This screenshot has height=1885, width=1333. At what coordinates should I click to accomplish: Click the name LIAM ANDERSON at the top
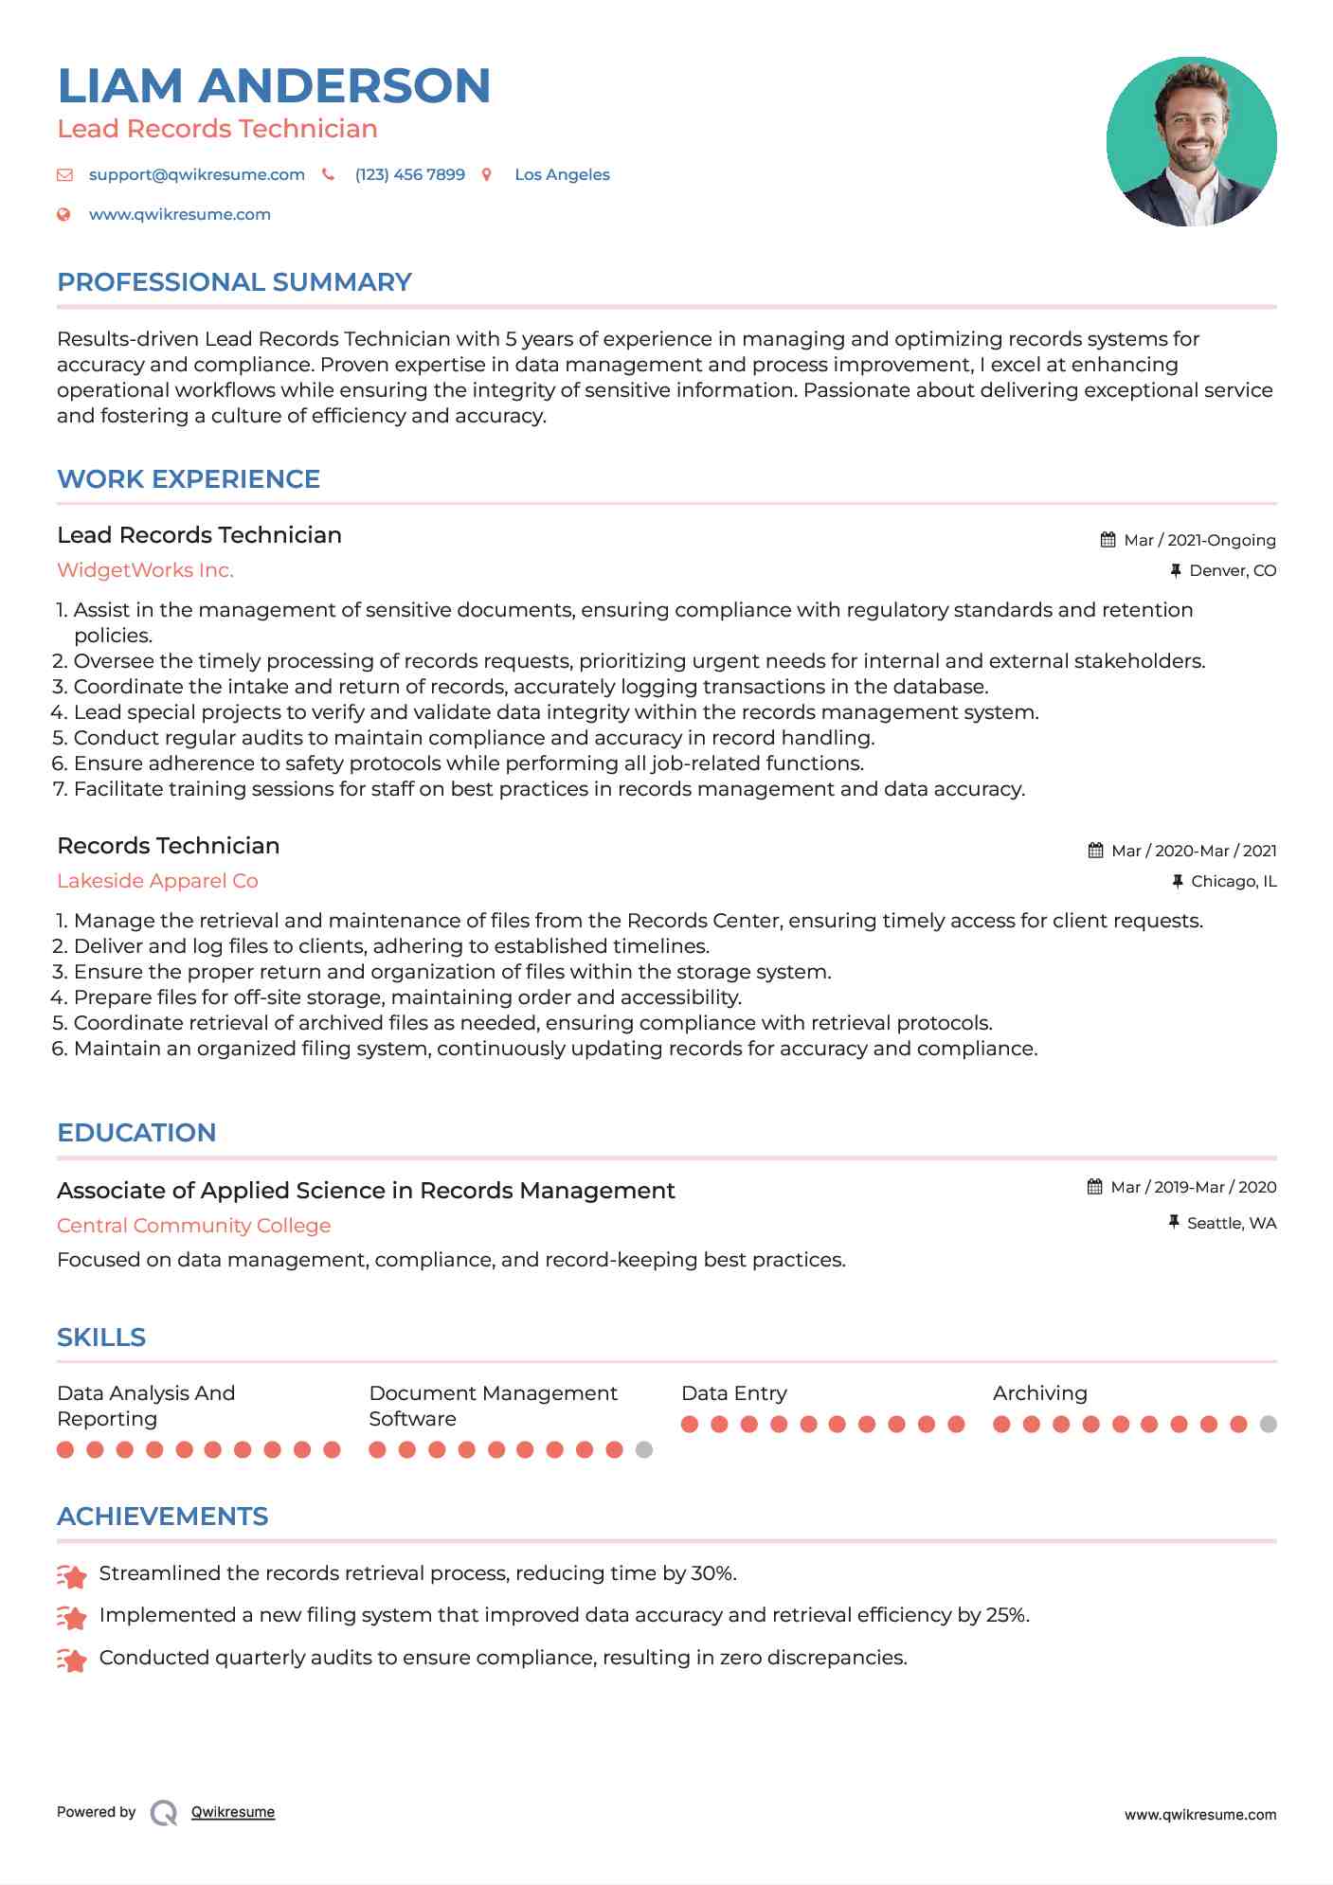274,85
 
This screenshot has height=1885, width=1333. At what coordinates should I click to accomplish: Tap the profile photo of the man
1191,141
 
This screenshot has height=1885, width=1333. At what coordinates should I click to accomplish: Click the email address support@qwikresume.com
196,174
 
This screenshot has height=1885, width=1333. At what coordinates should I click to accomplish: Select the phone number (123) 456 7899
409,174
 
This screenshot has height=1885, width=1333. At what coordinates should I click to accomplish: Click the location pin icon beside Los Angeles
487,174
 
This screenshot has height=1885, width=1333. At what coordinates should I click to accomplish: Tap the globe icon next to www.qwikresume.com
63,214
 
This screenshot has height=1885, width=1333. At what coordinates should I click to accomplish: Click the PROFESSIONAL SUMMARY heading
234,282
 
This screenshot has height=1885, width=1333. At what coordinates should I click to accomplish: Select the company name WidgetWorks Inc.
145,570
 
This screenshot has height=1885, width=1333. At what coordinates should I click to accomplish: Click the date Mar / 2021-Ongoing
1198,540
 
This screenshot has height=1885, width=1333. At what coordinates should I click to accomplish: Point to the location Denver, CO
1232,570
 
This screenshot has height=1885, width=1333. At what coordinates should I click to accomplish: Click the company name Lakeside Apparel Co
157,881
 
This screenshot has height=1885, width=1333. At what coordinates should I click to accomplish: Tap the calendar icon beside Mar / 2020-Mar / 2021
1095,851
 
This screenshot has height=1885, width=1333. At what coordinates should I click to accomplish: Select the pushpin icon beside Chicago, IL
1177,881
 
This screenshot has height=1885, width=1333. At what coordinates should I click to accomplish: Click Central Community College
193,1226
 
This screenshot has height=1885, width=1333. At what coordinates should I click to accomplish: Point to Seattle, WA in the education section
1231,1223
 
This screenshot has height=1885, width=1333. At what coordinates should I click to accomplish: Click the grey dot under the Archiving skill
1269,1424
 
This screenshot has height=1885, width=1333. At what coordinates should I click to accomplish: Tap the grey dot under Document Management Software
644,1449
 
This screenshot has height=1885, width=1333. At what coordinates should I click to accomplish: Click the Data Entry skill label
733,1393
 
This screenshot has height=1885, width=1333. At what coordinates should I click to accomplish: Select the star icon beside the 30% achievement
72,1575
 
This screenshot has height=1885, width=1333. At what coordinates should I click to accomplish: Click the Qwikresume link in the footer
233,1812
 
